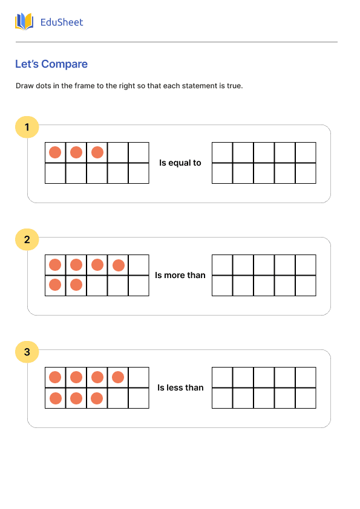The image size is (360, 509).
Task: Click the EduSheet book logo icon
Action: click(x=24, y=22)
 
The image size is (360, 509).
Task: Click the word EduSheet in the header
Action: click(x=62, y=22)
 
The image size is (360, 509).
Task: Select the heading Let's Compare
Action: click(x=51, y=64)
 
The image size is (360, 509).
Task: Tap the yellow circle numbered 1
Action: click(x=27, y=127)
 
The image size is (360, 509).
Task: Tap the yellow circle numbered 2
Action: click(x=27, y=239)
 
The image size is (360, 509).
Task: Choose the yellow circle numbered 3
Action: click(x=27, y=352)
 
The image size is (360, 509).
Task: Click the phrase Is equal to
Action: click(x=180, y=163)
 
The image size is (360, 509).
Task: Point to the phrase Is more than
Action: click(x=180, y=275)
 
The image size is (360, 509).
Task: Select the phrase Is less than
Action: click(x=180, y=387)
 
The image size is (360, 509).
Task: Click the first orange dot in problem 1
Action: click(x=55, y=152)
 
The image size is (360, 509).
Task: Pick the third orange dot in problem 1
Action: click(x=97, y=152)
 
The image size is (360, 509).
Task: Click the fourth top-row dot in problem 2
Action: click(x=119, y=265)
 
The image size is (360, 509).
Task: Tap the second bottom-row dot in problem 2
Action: click(x=76, y=285)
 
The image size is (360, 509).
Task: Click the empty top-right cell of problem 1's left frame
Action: click(x=139, y=152)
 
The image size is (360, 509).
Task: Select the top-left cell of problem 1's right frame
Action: click(x=222, y=152)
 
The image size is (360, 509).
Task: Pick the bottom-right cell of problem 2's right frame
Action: click(x=306, y=285)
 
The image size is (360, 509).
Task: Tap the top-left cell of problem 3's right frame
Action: click(x=222, y=377)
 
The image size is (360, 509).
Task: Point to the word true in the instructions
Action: click(x=234, y=86)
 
